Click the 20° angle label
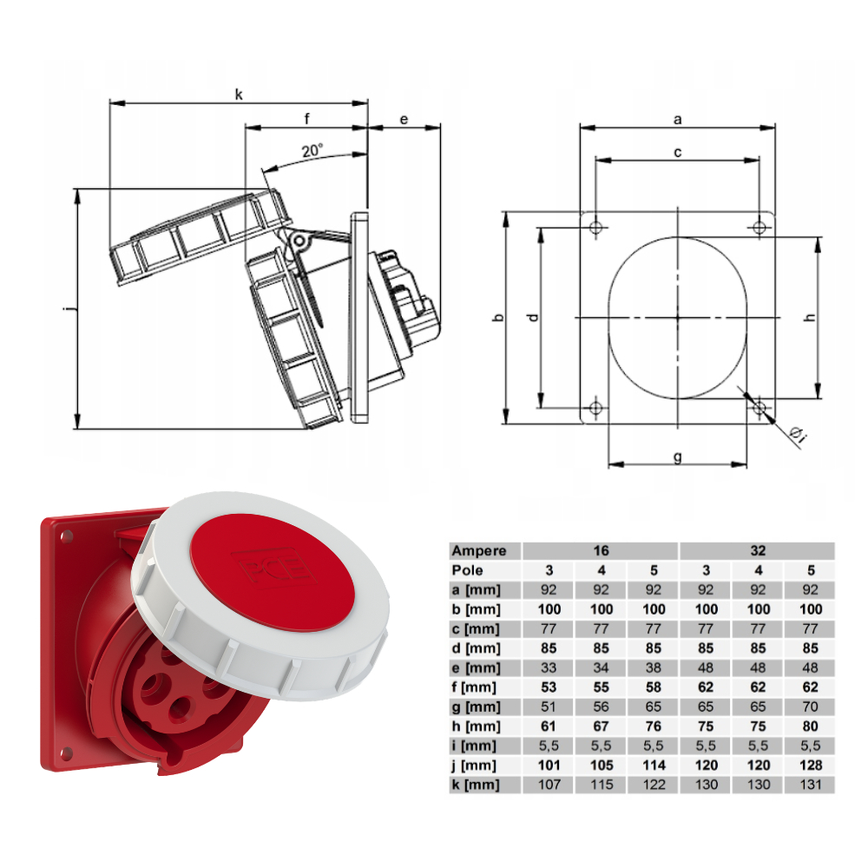click(x=312, y=150)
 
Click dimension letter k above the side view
click(x=239, y=94)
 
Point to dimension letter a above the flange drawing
click(x=678, y=120)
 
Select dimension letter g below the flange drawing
click(x=678, y=457)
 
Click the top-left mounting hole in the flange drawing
click(x=595, y=227)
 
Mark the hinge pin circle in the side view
click(x=299, y=240)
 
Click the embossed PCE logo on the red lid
click(x=273, y=566)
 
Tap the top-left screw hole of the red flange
click(x=67, y=536)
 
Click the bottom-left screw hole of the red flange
click(x=67, y=753)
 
